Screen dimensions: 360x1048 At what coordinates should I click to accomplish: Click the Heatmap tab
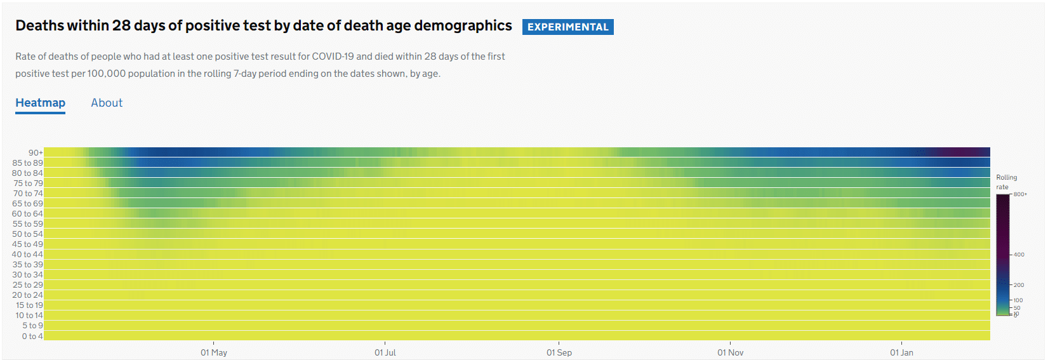(40, 103)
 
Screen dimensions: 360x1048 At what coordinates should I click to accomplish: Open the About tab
(107, 103)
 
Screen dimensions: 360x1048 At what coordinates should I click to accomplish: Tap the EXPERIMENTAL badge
(567, 27)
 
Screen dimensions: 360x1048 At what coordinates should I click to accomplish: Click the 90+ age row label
(36, 152)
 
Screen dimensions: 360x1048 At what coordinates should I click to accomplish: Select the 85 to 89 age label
(27, 163)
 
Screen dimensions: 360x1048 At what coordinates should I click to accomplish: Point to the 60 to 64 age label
(27, 213)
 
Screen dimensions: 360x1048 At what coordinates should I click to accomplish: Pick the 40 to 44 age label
(27, 254)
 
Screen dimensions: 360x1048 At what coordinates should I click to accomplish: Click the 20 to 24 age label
(27, 295)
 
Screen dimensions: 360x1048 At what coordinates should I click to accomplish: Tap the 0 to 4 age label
(32, 336)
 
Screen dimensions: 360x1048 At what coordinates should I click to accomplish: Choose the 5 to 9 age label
(32, 326)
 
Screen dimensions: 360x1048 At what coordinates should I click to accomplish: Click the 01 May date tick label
(214, 352)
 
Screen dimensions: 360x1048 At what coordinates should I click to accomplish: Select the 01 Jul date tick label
(385, 352)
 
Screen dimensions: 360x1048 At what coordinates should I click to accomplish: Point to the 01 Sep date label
(559, 352)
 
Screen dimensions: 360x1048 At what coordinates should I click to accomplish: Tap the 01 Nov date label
(731, 352)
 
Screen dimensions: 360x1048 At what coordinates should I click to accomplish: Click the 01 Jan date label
(901, 352)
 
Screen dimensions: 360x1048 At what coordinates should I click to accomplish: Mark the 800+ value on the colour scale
(1020, 194)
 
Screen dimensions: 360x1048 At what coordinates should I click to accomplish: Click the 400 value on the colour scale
(1019, 255)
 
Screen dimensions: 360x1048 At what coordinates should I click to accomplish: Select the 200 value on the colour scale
(1019, 285)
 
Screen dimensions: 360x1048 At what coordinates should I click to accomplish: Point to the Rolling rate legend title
(1006, 182)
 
